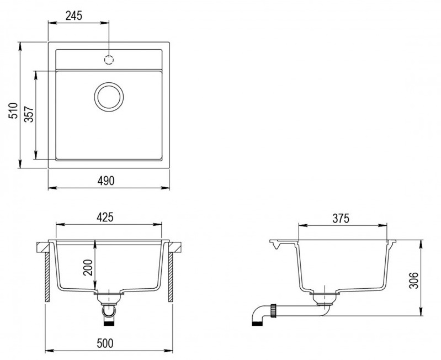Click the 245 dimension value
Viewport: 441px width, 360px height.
(x=74, y=16)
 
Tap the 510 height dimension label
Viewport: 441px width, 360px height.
(x=13, y=110)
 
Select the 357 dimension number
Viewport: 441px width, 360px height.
(x=29, y=114)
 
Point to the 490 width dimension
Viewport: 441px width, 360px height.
(x=106, y=181)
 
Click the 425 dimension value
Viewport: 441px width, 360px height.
(x=105, y=217)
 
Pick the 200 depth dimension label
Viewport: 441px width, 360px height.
(x=88, y=267)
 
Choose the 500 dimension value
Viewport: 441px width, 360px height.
(x=105, y=343)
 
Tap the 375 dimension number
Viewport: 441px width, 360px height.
(x=341, y=218)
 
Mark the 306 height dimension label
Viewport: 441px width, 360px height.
(x=414, y=280)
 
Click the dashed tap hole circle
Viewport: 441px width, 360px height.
(x=109, y=60)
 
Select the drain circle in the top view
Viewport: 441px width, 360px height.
(x=109, y=97)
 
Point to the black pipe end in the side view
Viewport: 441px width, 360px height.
(x=257, y=323)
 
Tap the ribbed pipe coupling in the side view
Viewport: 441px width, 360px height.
(x=273, y=310)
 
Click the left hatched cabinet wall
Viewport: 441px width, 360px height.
(x=47, y=277)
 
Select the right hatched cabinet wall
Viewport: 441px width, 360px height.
(x=171, y=277)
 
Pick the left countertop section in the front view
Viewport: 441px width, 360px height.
(x=43, y=247)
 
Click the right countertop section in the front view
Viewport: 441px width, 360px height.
(x=175, y=247)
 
